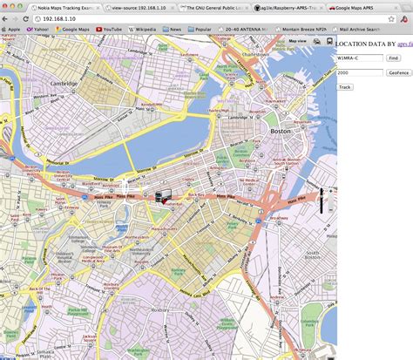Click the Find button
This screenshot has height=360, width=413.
click(x=394, y=58)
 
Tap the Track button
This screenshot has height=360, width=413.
click(x=345, y=86)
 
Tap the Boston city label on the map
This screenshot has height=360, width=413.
click(x=281, y=131)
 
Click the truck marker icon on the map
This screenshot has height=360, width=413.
click(x=160, y=196)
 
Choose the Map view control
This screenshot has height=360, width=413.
click(x=298, y=41)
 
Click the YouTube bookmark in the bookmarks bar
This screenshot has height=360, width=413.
click(x=110, y=29)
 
